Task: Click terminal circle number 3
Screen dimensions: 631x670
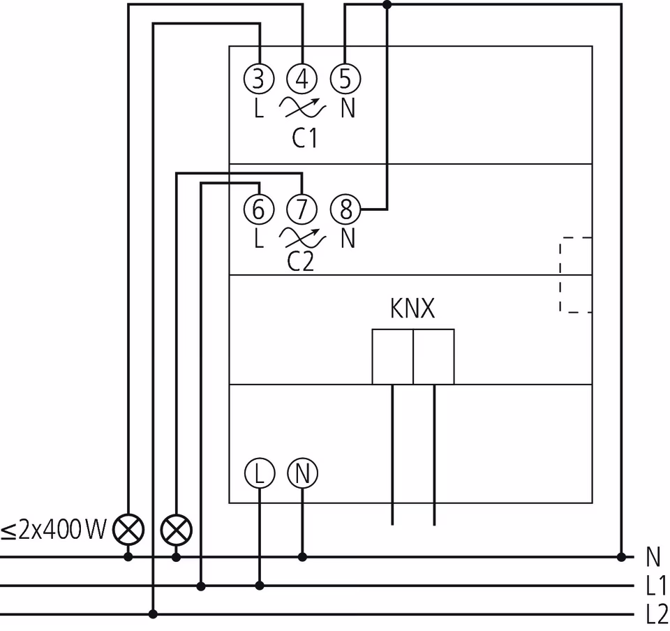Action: pyautogui.click(x=258, y=80)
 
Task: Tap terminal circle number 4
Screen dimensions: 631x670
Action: pyautogui.click(x=301, y=80)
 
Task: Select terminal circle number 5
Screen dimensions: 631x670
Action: pyautogui.click(x=345, y=80)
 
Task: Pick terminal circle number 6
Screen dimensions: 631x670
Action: pyautogui.click(x=258, y=209)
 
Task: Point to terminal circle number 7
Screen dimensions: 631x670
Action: pyautogui.click(x=301, y=209)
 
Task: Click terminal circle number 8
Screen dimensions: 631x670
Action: pyautogui.click(x=345, y=209)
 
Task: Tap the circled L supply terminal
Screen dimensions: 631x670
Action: pyautogui.click(x=259, y=474)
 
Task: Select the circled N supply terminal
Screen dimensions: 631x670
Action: pyautogui.click(x=302, y=474)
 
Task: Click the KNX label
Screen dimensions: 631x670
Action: pyautogui.click(x=412, y=309)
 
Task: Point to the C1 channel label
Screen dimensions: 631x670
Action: pyautogui.click(x=304, y=138)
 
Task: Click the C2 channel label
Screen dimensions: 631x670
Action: pyautogui.click(x=301, y=262)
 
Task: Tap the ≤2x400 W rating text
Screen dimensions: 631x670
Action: pyautogui.click(x=53, y=531)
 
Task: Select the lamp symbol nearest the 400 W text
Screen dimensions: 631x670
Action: pyautogui.click(x=128, y=531)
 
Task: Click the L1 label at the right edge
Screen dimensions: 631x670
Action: pyautogui.click(x=655, y=586)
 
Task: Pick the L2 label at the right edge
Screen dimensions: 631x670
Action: pyautogui.click(x=655, y=614)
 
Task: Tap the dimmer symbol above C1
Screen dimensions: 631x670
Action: pyautogui.click(x=302, y=107)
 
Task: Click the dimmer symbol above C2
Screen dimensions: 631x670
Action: pyautogui.click(x=302, y=238)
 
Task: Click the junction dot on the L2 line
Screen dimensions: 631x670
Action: pyautogui.click(x=154, y=614)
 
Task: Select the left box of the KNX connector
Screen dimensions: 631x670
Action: pyautogui.click(x=392, y=357)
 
